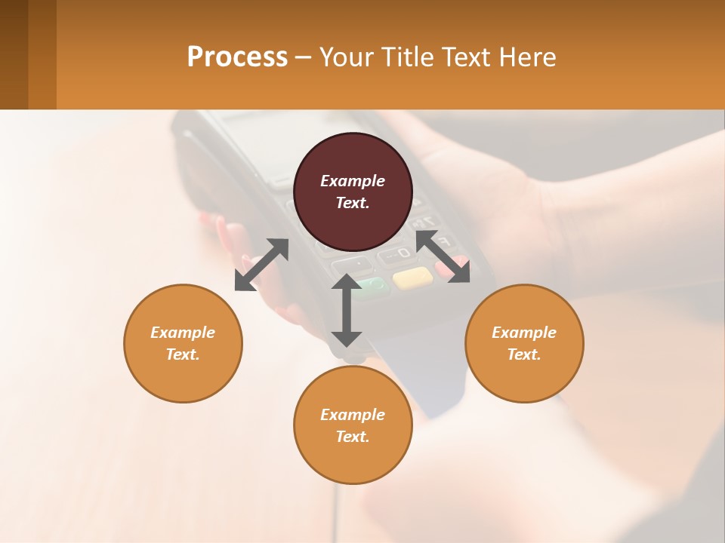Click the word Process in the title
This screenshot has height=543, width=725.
pyautogui.click(x=237, y=57)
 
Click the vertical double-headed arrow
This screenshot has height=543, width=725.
pyautogui.click(x=347, y=310)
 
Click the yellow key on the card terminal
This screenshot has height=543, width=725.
pyautogui.click(x=412, y=278)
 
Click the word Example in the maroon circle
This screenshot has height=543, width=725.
pyautogui.click(x=353, y=181)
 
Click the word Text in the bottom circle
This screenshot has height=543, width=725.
pyautogui.click(x=352, y=437)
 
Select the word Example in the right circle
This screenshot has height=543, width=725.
pyautogui.click(x=524, y=333)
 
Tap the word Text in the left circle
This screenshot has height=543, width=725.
pyautogui.click(x=182, y=354)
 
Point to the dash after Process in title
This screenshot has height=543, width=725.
pyautogui.click(x=303, y=57)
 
